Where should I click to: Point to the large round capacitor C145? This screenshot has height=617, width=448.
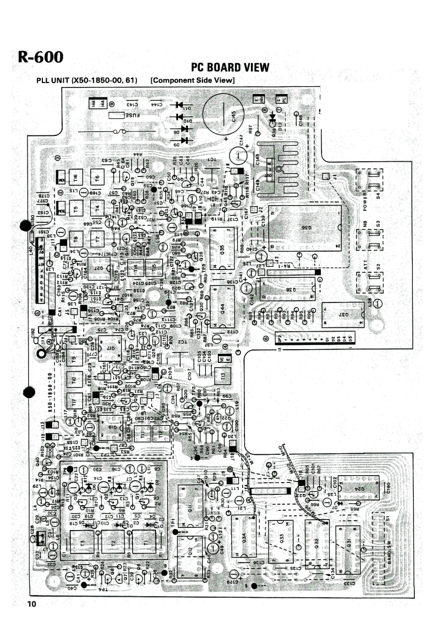(222, 115)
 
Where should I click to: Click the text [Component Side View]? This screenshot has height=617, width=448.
(193, 81)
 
